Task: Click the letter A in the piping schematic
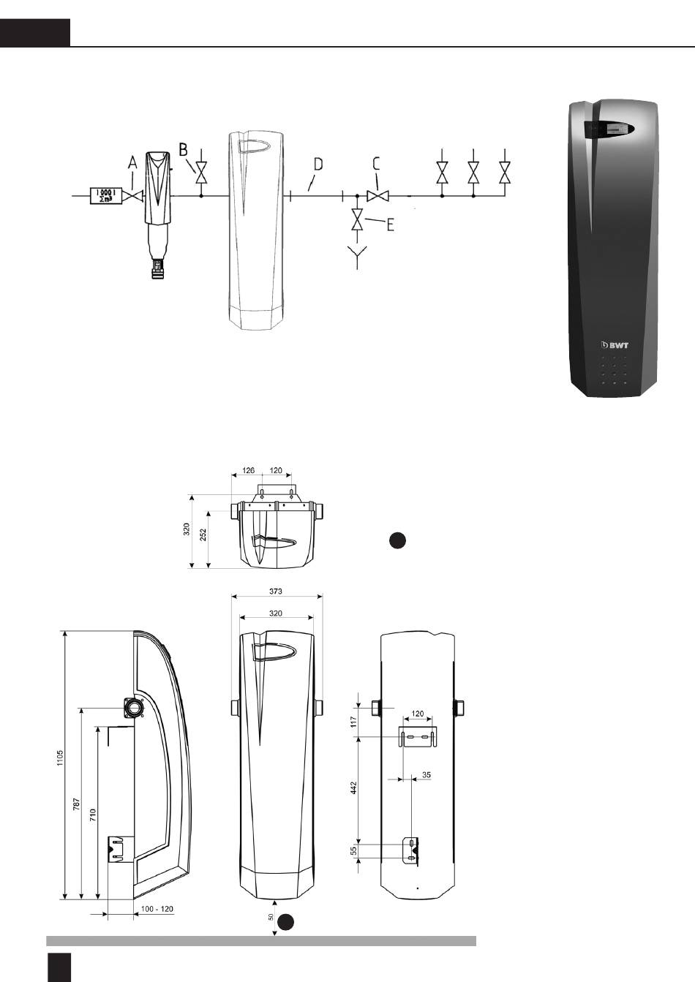pyautogui.click(x=132, y=163)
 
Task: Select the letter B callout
pyautogui.click(x=184, y=149)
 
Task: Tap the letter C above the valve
pyautogui.click(x=376, y=164)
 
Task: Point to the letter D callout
pyautogui.click(x=318, y=165)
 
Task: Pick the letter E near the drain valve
pyautogui.click(x=390, y=225)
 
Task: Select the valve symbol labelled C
pyautogui.click(x=377, y=196)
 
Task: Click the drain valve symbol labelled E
pyautogui.click(x=357, y=219)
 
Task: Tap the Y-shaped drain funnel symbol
pyautogui.click(x=357, y=257)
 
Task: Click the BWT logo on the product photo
pyautogui.click(x=615, y=345)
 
